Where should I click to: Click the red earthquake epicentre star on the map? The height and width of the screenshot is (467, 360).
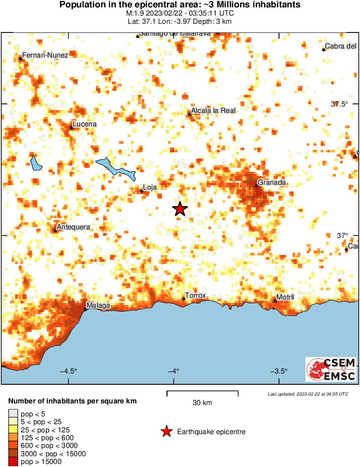pos(180,209)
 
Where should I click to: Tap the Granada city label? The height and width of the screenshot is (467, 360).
pos(272,183)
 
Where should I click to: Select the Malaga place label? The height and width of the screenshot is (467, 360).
pos(98,306)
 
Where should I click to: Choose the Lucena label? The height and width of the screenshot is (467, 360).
pos(84,124)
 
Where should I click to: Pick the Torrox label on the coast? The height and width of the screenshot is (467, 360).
pos(195,296)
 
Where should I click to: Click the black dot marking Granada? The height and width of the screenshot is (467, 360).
pos(256,186)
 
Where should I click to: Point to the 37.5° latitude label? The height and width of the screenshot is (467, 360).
pos(339,104)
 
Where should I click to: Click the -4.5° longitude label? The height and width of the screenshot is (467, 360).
pos(68,371)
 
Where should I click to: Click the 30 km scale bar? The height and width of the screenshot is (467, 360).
pos(202,393)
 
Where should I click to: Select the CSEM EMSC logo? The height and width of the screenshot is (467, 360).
pos(331,369)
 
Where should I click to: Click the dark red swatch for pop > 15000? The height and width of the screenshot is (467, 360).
pos(13,462)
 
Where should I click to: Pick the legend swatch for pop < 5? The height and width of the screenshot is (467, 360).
pos(13,414)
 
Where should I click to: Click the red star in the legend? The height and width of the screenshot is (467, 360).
pos(166,432)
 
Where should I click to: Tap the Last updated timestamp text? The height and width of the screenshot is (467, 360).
pos(308,394)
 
